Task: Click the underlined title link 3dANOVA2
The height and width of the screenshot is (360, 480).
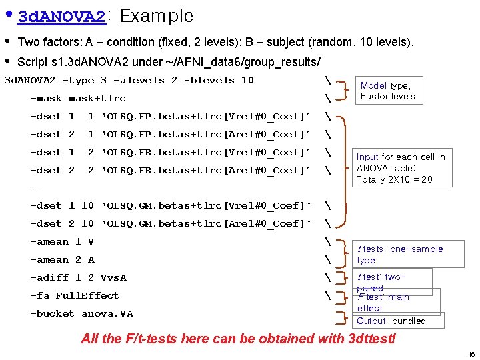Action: click(x=61, y=16)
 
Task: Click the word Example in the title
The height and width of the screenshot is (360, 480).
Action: click(x=156, y=16)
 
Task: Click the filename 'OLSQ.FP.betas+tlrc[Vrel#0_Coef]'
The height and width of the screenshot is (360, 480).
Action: click(x=205, y=116)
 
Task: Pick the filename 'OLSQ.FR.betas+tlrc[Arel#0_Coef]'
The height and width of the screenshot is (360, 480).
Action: click(x=205, y=170)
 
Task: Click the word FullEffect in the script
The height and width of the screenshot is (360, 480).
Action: click(x=87, y=295)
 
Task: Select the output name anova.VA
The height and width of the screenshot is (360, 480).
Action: click(x=107, y=313)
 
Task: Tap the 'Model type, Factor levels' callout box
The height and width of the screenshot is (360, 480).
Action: click(x=388, y=91)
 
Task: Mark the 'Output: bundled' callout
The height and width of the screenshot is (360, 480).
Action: click(x=391, y=321)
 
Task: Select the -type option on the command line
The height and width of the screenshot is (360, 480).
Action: click(x=78, y=80)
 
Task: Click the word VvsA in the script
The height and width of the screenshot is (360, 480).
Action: click(x=110, y=277)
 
